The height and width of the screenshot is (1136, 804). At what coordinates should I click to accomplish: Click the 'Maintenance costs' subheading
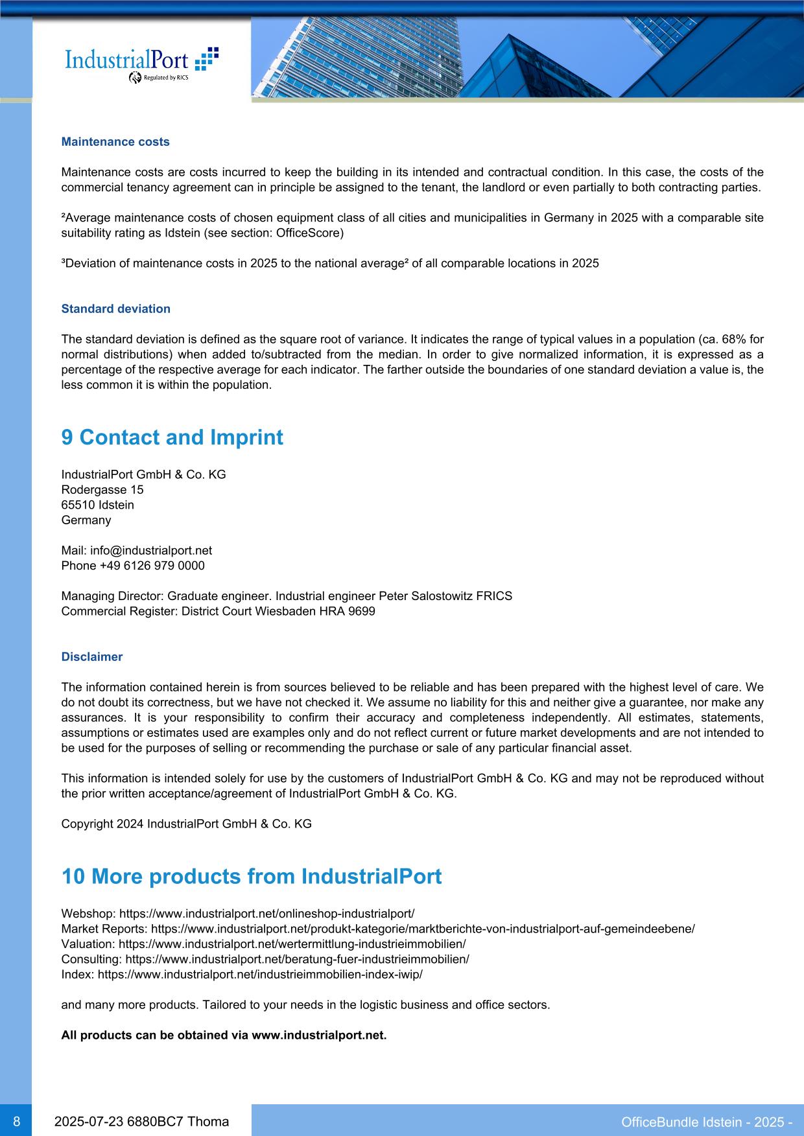point(115,142)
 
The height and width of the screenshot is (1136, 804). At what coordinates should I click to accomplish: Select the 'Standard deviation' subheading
point(115,309)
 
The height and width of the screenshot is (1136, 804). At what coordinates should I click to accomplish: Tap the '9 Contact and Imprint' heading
point(172,437)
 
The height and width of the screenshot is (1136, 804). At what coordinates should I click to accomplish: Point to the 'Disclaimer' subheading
point(91,657)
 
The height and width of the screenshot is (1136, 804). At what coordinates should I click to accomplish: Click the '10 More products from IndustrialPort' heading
point(251,877)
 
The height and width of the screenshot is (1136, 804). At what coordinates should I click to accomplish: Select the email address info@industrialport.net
point(151,550)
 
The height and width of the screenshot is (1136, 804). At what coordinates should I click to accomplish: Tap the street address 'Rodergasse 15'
point(102,490)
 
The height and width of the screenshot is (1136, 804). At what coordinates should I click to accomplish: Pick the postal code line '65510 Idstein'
point(97,505)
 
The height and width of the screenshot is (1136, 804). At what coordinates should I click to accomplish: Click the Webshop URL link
point(267,914)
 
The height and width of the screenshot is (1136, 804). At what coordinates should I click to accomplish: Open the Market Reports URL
point(423,929)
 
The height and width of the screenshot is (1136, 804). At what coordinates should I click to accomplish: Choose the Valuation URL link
point(292,944)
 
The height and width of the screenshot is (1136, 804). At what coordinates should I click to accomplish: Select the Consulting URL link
point(297,959)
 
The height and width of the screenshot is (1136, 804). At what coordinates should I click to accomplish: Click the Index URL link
point(260,974)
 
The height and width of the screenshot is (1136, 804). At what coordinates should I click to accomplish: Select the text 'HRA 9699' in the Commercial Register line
point(353,611)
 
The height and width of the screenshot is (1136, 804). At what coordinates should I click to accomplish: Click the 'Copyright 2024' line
point(186,824)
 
